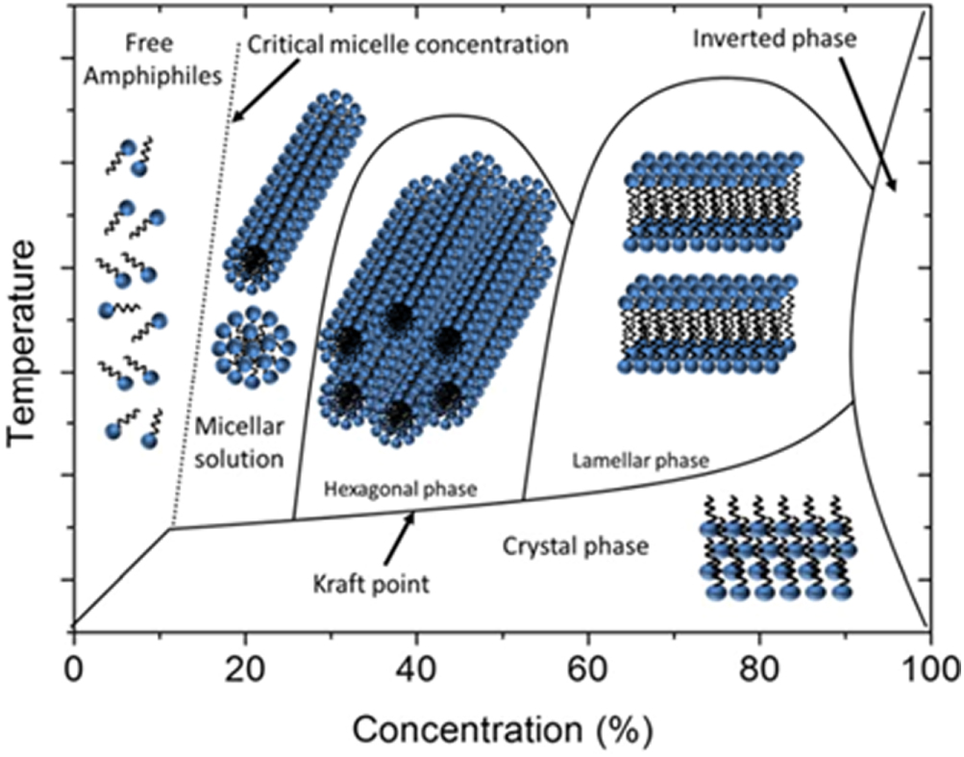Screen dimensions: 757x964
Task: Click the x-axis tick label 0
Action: pyautogui.click(x=73, y=667)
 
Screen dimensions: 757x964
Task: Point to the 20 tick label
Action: pyautogui.click(x=243, y=667)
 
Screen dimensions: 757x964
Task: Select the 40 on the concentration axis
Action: pyautogui.click(x=415, y=667)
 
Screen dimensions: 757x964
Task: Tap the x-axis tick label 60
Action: pyautogui.click(x=587, y=667)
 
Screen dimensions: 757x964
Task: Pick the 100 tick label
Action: pyautogui.click(x=925, y=667)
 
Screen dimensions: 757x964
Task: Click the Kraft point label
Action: pyautogui.click(x=371, y=584)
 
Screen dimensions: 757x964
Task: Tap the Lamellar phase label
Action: pyautogui.click(x=640, y=461)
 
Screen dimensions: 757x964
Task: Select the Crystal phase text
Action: pyautogui.click(x=576, y=546)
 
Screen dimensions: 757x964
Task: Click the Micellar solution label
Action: pyautogui.click(x=238, y=442)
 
